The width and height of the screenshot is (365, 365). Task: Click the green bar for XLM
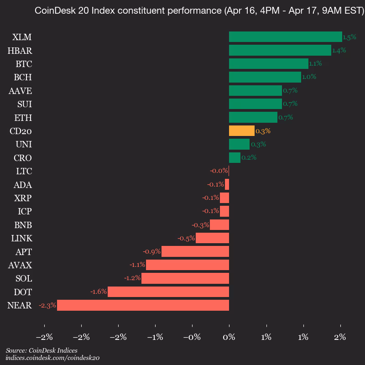coord(285,37)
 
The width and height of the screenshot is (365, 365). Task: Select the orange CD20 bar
coord(241,131)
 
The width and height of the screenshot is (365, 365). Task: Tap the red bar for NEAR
coord(143,305)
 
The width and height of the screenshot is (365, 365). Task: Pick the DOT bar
coord(168,292)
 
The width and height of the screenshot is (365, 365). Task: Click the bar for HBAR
coord(280,50)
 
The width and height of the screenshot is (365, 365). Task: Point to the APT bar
coord(195,252)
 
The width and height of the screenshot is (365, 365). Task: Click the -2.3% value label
coord(47,305)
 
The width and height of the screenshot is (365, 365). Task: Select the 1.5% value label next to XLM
coord(349,37)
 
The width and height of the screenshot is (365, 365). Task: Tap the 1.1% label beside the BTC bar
coord(315,63)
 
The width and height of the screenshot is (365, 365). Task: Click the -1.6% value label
coord(98,292)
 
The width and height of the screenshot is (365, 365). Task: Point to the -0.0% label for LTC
coord(219,171)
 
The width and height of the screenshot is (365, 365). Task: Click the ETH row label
coord(23,118)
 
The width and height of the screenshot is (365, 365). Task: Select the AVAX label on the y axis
coord(20,265)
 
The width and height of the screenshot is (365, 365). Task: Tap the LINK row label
coord(21,238)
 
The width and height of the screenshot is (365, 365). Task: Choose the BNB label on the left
coord(23,225)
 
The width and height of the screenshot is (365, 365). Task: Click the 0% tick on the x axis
coord(229,338)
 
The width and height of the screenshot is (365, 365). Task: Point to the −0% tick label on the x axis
coord(192,338)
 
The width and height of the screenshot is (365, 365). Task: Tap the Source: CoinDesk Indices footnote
coord(42,350)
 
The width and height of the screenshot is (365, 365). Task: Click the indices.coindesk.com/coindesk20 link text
coord(52,358)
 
